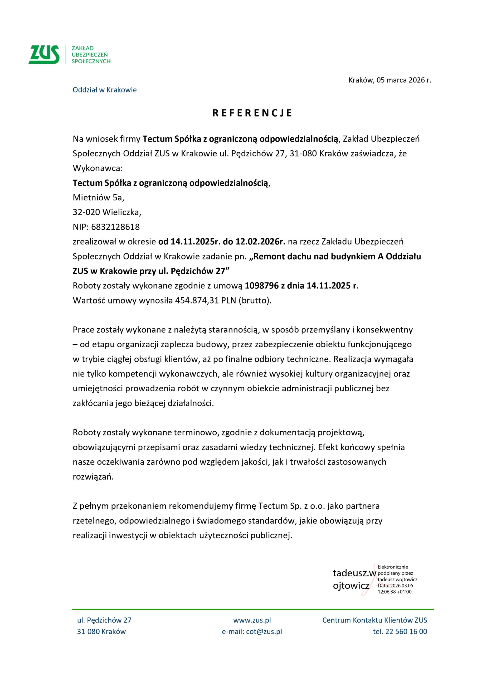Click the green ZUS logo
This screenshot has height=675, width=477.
44,55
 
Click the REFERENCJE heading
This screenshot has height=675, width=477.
252,113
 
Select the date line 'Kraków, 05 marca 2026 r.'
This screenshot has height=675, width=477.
390,80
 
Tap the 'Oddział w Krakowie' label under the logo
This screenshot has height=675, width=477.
105,90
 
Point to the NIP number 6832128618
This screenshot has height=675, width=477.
115,227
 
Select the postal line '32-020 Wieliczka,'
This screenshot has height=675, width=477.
107,212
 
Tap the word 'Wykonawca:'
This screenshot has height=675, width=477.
98,168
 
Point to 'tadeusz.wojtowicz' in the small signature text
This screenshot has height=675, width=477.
397,580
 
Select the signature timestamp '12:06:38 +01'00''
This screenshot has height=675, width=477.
395,592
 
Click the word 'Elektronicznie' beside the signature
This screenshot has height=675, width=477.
393,567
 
